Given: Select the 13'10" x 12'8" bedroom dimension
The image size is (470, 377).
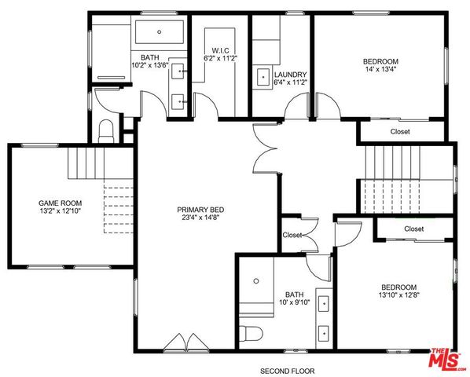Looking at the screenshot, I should (x=398, y=296).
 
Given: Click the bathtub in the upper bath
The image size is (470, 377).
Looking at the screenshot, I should (x=159, y=32).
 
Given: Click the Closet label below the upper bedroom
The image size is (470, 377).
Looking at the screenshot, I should (x=398, y=131).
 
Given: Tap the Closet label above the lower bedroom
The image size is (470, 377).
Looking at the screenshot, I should (x=414, y=229).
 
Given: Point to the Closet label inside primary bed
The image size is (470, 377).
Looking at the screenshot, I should (x=292, y=235).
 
